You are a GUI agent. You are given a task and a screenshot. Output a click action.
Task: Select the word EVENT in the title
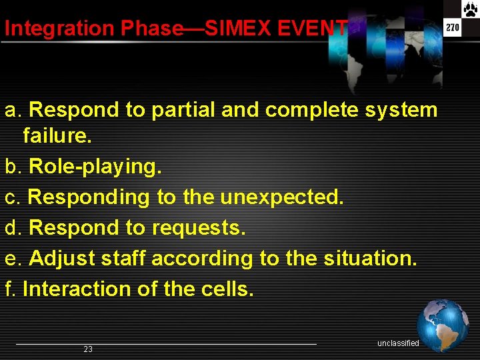tap(317, 29)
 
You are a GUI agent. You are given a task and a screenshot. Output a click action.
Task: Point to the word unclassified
tap(398, 343)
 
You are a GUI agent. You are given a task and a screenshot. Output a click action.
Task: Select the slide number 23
tap(88, 349)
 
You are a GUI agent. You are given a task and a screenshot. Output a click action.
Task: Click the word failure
tap(57, 137)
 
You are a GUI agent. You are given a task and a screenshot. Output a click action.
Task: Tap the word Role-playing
tap(95, 167)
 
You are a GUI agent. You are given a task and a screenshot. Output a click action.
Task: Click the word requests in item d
tap(197, 228)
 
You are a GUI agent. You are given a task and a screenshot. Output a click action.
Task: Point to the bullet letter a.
tap(13, 110)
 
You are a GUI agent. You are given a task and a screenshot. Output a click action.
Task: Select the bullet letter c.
tap(12, 198)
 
